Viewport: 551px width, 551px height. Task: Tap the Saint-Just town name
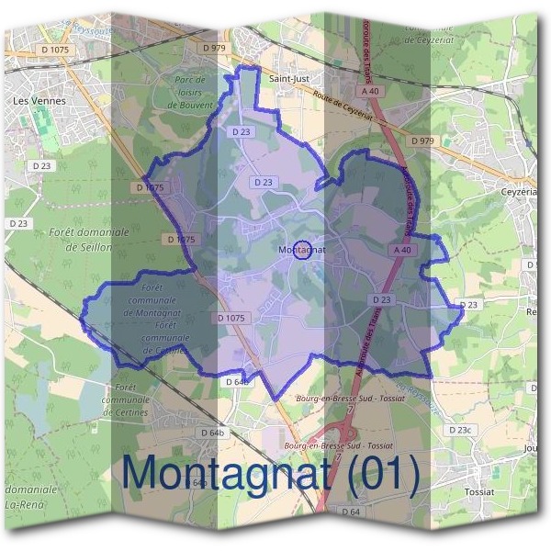click(288, 79)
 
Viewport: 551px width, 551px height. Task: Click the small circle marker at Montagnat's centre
click(301, 249)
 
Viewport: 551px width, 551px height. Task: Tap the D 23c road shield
click(459, 430)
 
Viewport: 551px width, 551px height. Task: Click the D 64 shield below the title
click(350, 511)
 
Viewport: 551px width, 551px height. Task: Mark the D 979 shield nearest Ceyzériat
click(423, 141)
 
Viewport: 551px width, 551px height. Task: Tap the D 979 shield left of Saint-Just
click(214, 47)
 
